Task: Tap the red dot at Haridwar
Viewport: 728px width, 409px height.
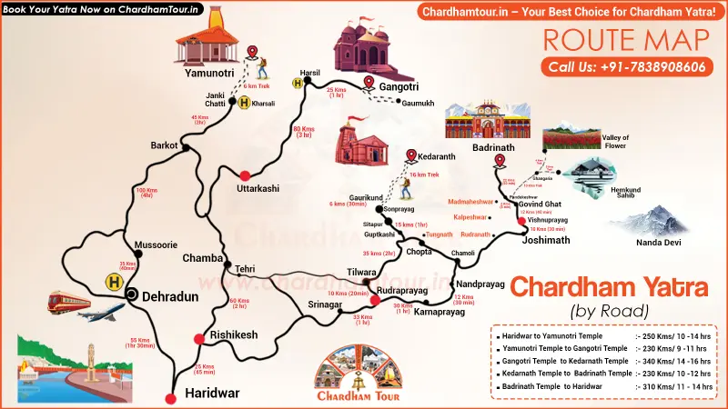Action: pos(168,398)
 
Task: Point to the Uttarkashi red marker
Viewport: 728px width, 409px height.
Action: pos(244,175)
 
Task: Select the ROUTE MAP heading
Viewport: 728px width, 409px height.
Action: pos(626,38)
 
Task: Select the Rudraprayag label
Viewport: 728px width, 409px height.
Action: pos(401,291)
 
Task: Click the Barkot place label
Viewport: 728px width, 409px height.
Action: pos(164,145)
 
